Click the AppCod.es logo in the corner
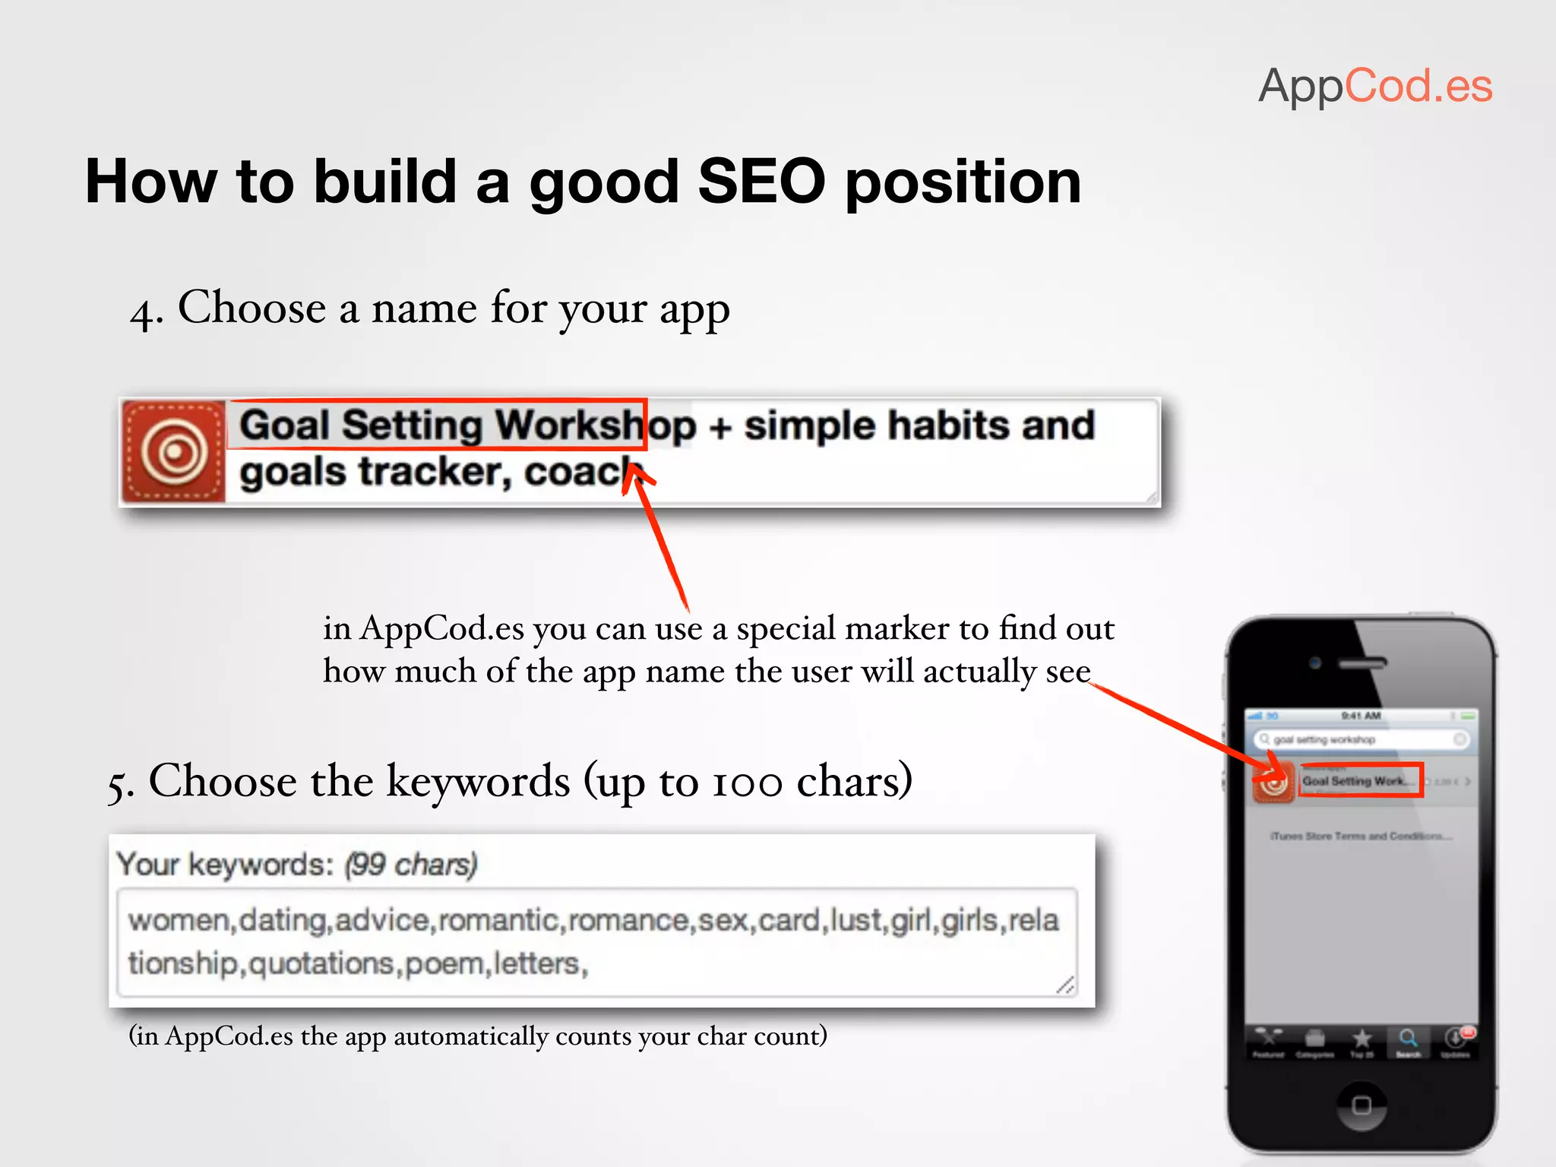tap(1375, 86)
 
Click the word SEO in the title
tap(761, 182)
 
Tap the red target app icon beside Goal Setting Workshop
tap(174, 451)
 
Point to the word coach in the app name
tap(581, 472)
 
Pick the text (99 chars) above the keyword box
tap(410, 865)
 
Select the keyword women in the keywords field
tap(179, 921)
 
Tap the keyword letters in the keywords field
tap(536, 963)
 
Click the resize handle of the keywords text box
tap(1065, 985)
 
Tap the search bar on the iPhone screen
tap(1360, 739)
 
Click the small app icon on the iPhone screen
tap(1273, 782)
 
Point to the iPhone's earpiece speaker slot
tap(1361, 663)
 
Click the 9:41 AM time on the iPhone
tap(1360, 716)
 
